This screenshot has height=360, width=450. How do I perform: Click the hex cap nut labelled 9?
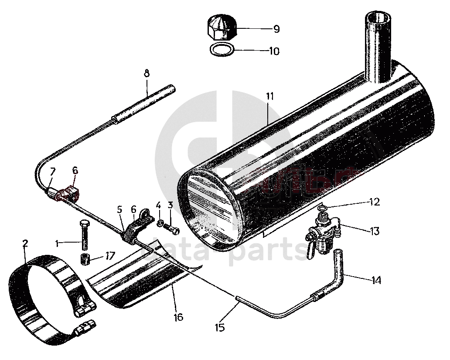point(222,27)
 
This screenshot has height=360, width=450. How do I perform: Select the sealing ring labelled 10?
point(222,49)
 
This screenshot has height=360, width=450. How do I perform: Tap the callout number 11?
point(270,96)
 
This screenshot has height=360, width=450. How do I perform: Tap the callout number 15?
point(221,326)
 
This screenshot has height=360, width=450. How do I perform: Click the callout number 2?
point(25,243)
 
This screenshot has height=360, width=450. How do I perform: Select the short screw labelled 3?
point(172,227)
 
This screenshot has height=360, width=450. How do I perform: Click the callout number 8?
point(146,73)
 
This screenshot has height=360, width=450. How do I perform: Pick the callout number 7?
point(53,171)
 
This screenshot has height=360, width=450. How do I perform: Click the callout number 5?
point(120,209)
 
